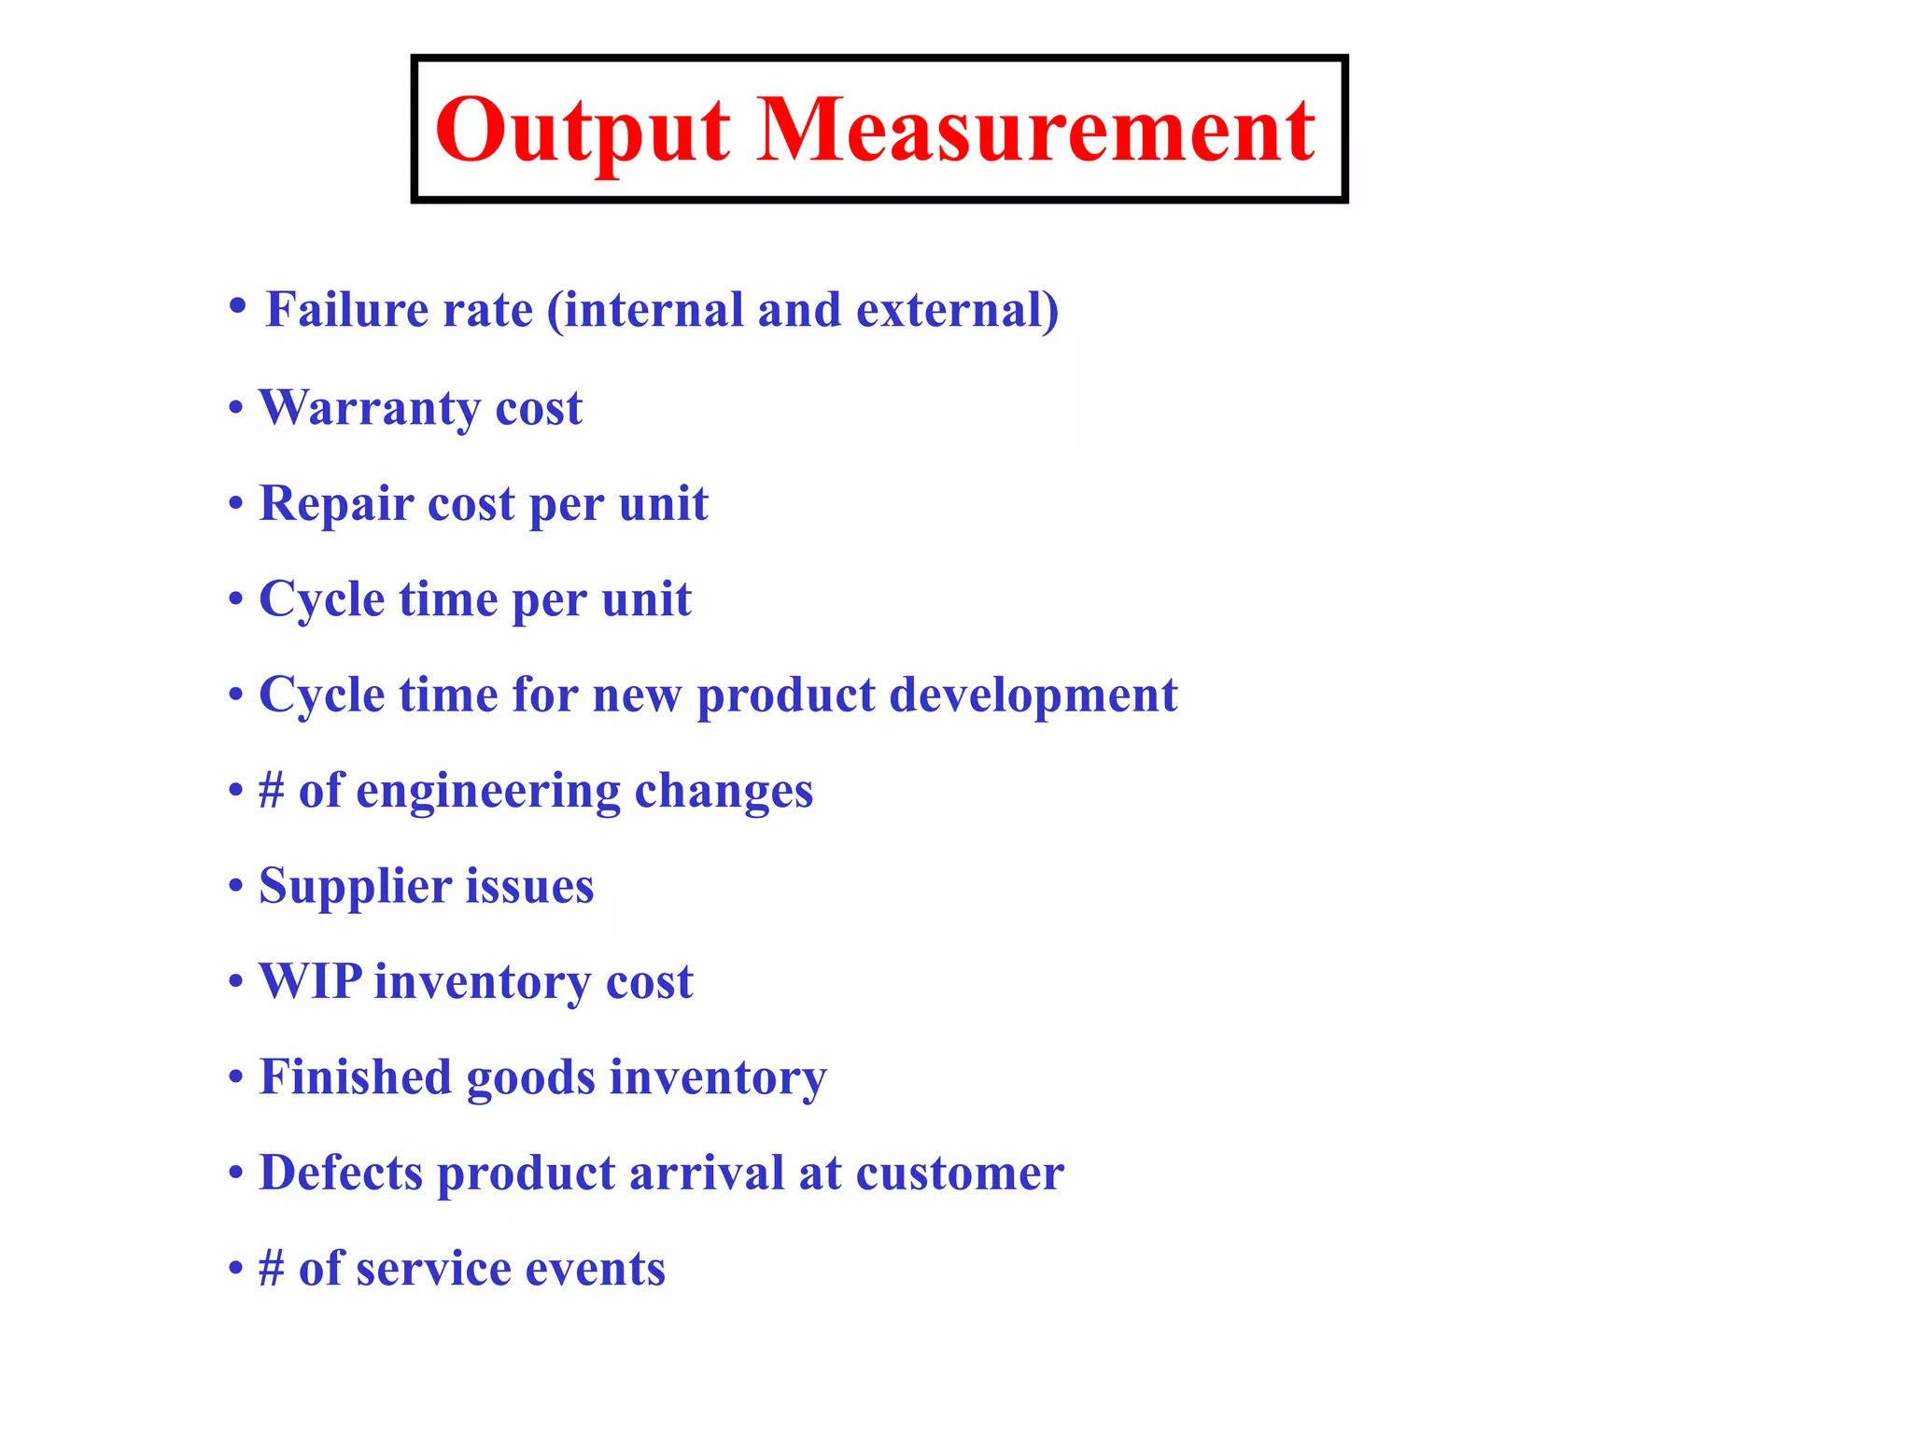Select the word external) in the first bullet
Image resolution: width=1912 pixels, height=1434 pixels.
tap(958, 310)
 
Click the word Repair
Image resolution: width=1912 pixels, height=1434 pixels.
tap(336, 504)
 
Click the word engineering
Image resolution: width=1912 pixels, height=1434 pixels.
tap(487, 792)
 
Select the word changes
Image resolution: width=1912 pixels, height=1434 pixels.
tap(724, 792)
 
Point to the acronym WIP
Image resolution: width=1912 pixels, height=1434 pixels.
tap(310, 982)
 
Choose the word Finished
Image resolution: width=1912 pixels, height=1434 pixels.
tap(356, 1077)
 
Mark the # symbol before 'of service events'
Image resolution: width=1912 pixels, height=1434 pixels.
tap(272, 1269)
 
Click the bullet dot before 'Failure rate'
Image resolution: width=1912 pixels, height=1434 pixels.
tap(238, 305)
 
